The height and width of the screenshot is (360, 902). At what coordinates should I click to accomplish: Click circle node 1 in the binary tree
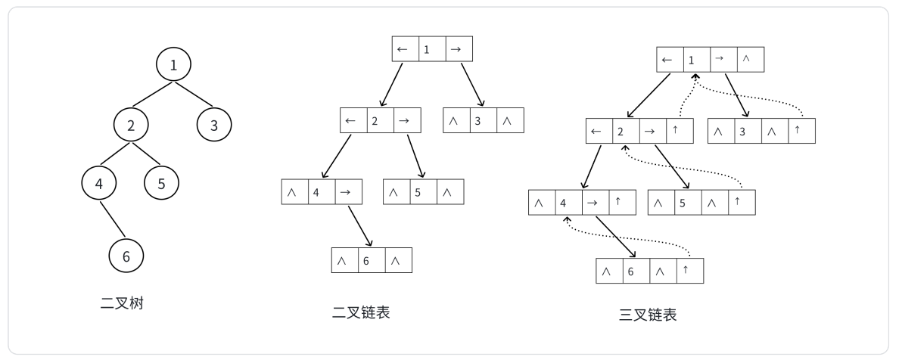(x=174, y=65)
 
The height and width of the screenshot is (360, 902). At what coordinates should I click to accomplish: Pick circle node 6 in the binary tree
(x=126, y=256)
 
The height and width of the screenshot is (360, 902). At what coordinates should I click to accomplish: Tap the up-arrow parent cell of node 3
(x=799, y=132)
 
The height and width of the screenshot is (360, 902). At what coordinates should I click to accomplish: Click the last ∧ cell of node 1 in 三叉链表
(x=750, y=60)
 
